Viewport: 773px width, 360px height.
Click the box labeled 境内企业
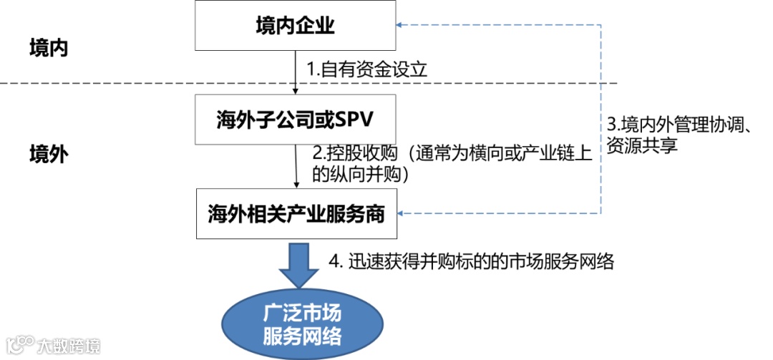point(296,26)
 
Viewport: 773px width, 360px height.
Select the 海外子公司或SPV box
point(296,119)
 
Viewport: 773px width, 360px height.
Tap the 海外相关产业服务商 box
point(296,213)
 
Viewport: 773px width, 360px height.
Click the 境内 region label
point(49,49)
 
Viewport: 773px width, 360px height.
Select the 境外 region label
point(49,154)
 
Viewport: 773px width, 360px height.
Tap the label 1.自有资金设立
point(367,69)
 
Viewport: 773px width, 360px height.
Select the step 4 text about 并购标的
point(472,261)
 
